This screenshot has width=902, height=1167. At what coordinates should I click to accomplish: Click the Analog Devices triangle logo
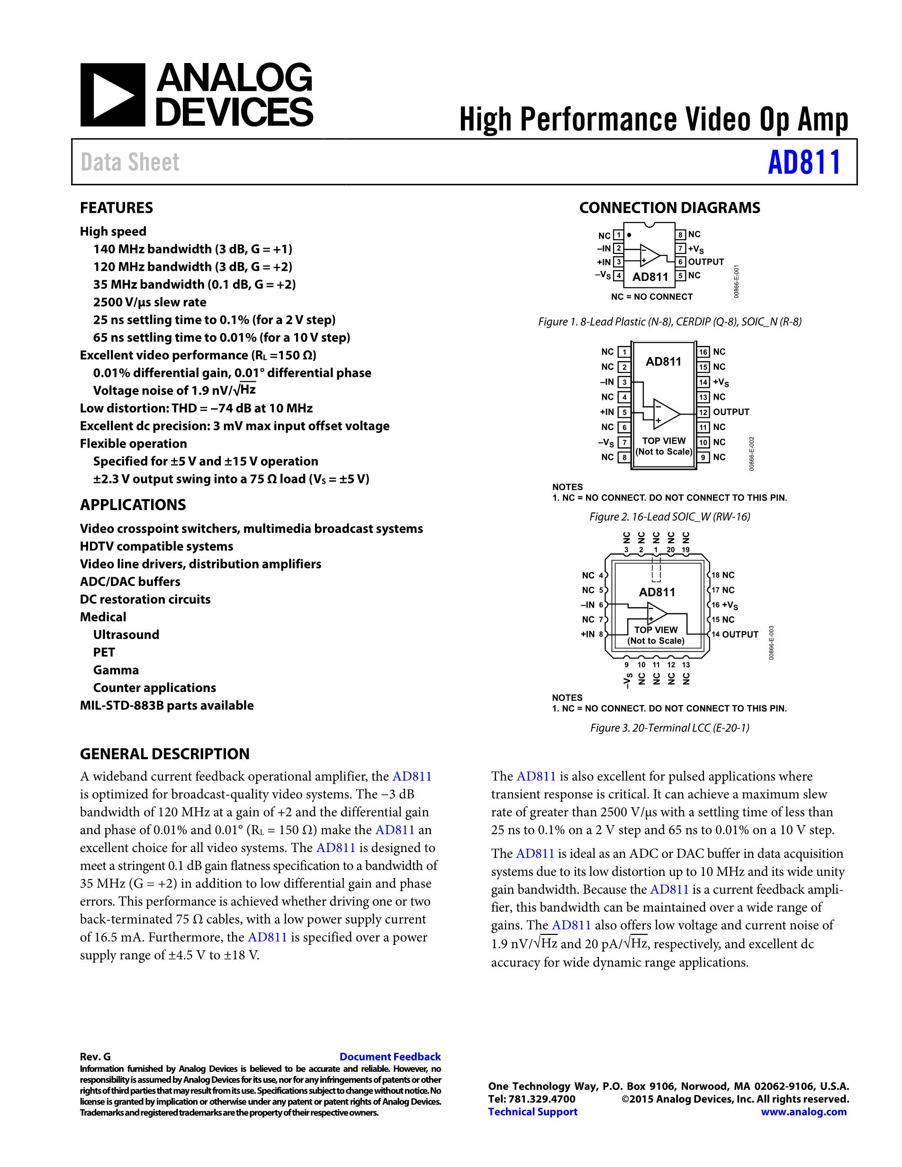[113, 95]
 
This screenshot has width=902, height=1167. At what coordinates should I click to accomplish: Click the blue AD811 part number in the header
[804, 162]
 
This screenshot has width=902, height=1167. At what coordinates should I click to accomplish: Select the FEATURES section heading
[117, 208]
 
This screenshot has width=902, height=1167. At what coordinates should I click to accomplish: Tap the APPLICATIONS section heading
[133, 505]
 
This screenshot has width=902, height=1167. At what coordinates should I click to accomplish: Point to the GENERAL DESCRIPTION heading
[164, 754]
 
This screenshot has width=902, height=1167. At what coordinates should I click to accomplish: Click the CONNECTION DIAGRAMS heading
[669, 208]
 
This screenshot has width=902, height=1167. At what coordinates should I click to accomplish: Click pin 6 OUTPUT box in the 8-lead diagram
[681, 262]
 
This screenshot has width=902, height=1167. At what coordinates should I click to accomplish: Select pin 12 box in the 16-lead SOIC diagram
[703, 412]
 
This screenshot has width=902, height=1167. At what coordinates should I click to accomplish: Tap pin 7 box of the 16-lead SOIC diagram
[623, 442]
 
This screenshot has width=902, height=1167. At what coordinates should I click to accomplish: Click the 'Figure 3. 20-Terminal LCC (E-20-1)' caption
[669, 728]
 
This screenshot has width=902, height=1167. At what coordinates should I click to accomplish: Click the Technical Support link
[533, 1112]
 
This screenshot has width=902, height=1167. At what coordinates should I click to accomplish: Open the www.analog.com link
[803, 1112]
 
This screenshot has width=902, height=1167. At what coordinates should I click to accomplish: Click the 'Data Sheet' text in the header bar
[130, 162]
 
